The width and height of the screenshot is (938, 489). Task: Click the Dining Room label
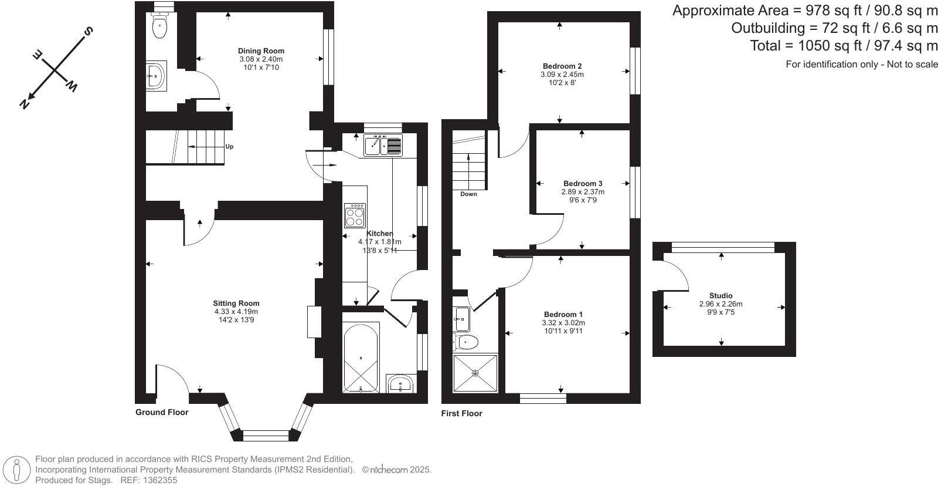(x=261, y=50)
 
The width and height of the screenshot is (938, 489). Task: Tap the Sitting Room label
(x=236, y=303)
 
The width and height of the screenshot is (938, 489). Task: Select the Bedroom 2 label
(x=562, y=66)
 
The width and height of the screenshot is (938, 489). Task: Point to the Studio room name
(x=721, y=295)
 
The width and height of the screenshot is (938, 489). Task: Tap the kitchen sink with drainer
(x=383, y=146)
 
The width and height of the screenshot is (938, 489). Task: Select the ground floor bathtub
(x=361, y=358)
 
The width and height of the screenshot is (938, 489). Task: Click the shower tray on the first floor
(x=475, y=373)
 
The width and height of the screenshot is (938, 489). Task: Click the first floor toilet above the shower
(x=466, y=342)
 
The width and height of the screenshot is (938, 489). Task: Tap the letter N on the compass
(x=24, y=103)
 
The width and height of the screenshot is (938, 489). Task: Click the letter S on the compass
(x=88, y=32)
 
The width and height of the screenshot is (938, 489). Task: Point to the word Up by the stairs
(x=229, y=147)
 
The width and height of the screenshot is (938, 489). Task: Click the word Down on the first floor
(x=468, y=194)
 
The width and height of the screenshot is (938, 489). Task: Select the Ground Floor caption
(x=162, y=412)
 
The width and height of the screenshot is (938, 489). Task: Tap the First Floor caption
(x=461, y=413)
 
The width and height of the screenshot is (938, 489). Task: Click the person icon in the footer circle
(x=16, y=470)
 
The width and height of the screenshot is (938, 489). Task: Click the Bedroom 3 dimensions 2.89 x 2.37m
(x=583, y=191)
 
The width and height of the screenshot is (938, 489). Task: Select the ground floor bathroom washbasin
(x=401, y=383)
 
